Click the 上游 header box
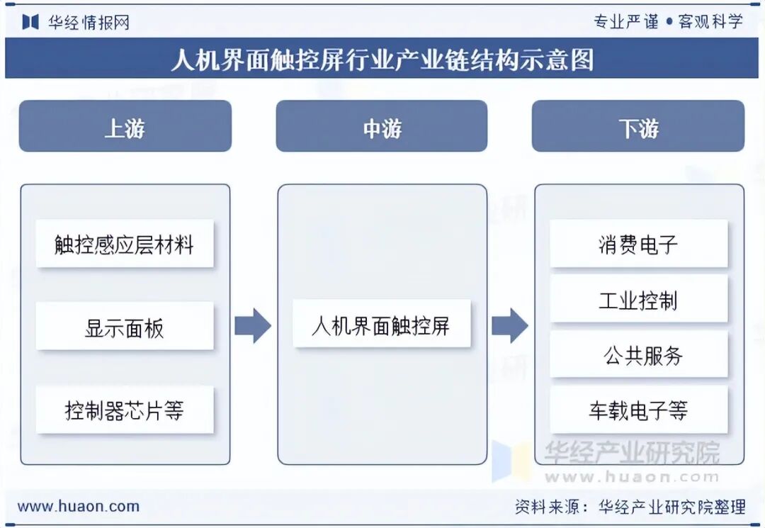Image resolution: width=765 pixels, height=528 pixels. [125, 126]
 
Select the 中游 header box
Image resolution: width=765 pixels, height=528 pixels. [381, 126]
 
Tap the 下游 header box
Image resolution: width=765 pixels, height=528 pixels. [637, 126]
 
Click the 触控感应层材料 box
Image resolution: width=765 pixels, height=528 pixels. [125, 245]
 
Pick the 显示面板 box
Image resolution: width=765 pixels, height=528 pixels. [125, 327]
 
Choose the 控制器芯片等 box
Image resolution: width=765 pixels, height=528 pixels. [125, 410]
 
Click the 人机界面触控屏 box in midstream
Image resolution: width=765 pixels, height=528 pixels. [381, 325]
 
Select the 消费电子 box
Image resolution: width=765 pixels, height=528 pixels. [638, 244]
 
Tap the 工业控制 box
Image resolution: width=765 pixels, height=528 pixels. [638, 299]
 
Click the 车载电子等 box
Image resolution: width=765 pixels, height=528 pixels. [638, 410]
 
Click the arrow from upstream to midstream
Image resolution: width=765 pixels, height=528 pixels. [253, 325]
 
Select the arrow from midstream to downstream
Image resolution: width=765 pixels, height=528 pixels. [510, 325]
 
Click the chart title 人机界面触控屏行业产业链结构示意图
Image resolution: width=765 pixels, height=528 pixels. [382, 59]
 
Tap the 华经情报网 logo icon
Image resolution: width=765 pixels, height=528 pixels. [30, 21]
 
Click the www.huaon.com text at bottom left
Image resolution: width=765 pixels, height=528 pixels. [78, 506]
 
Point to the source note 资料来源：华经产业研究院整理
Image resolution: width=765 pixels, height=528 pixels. [630, 506]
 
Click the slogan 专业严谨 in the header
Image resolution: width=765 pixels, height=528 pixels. [626, 21]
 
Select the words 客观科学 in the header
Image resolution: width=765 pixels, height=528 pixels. [710, 21]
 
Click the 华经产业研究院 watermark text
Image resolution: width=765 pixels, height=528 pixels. [631, 451]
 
